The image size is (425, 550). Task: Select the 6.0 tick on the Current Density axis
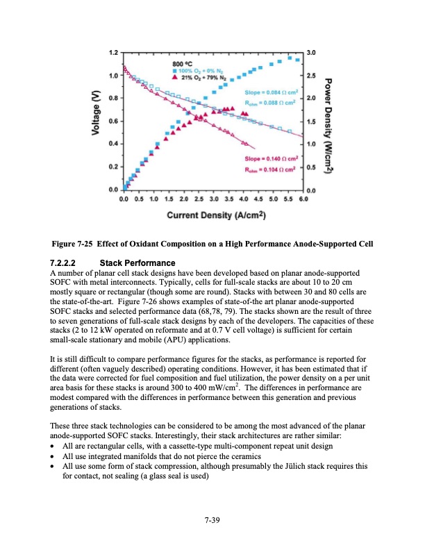302,200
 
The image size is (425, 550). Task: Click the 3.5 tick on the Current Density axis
228,200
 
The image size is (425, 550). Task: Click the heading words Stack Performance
137,264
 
